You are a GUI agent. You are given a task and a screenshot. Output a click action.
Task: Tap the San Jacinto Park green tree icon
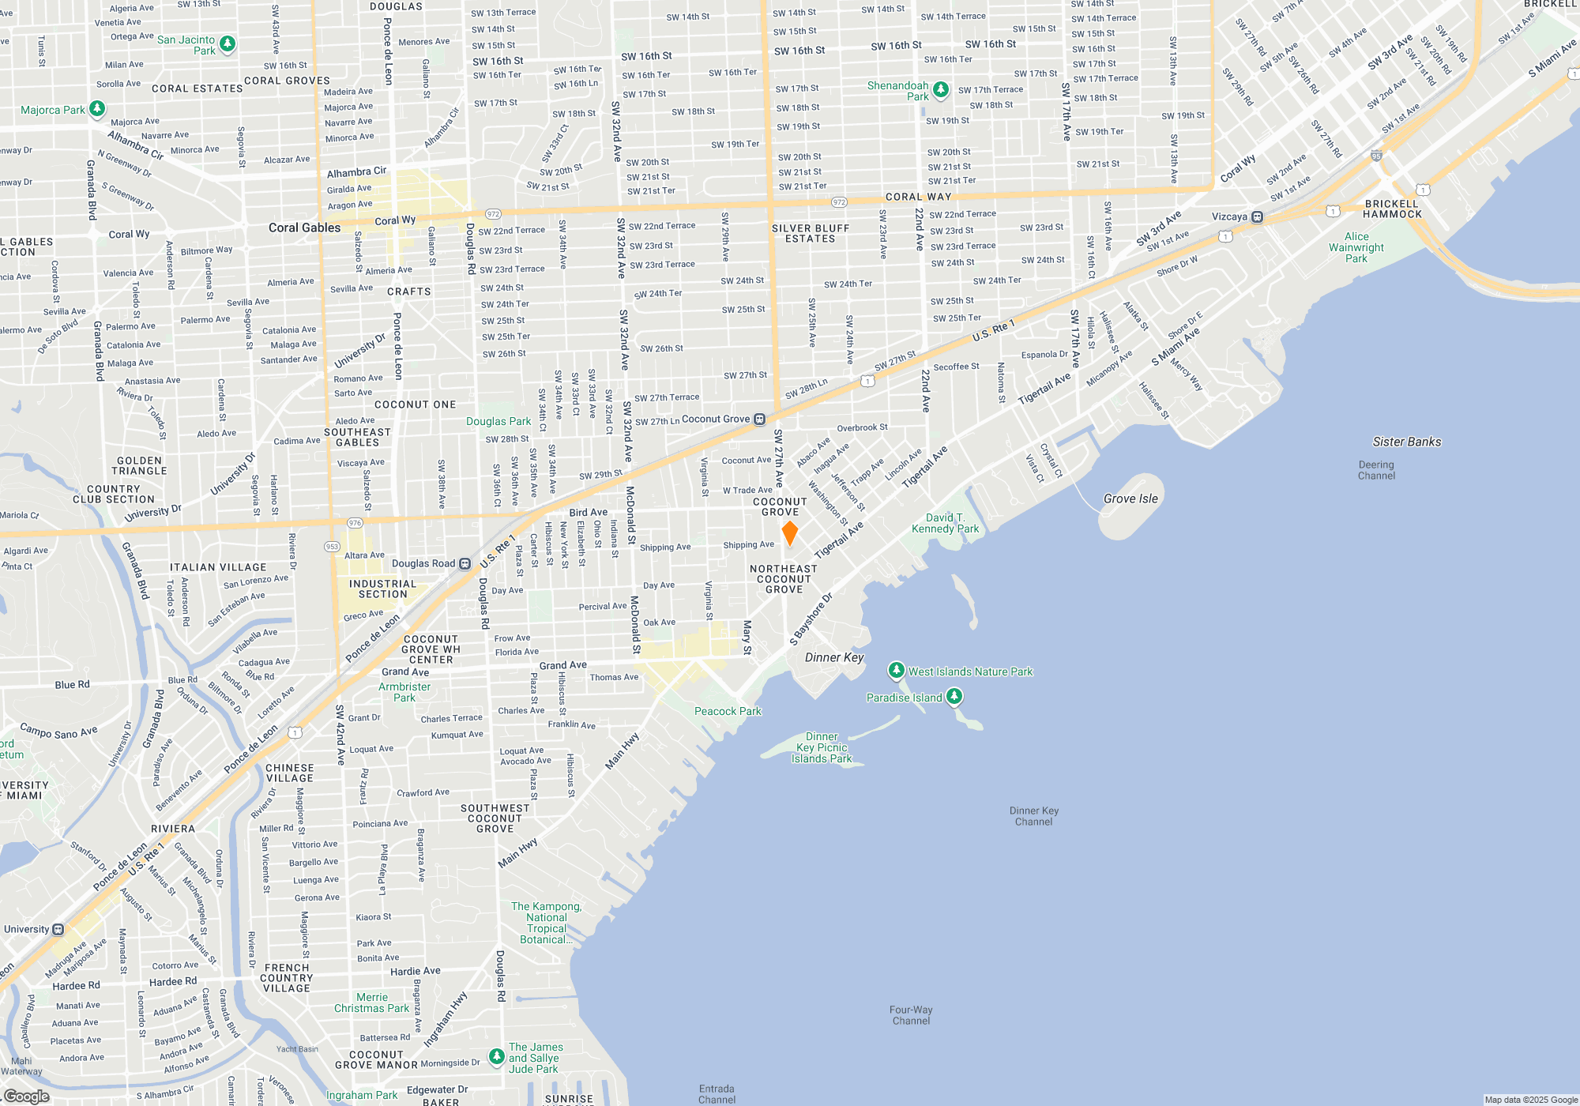(x=228, y=43)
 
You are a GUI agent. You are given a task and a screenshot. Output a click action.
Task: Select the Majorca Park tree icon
(x=97, y=109)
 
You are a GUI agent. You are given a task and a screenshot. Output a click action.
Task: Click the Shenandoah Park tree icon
(x=940, y=89)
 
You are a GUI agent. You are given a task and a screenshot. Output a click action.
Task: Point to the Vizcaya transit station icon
(x=1257, y=216)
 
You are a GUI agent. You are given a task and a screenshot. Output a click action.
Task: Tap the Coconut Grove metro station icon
(x=759, y=419)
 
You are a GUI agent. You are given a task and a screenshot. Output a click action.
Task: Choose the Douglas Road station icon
(x=465, y=563)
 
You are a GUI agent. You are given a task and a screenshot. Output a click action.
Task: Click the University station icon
(x=58, y=929)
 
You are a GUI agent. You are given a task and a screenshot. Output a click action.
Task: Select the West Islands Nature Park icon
(x=896, y=671)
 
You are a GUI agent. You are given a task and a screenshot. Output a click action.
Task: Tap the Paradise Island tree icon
(x=954, y=696)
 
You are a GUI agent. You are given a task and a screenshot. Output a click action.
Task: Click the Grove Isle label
(x=1130, y=498)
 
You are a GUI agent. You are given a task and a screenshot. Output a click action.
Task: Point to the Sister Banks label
(x=1406, y=442)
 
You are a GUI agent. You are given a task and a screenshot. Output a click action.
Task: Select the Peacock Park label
(x=728, y=711)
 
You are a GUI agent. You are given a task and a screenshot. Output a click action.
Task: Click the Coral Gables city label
(x=304, y=228)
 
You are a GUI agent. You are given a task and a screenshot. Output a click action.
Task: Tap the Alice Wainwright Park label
(x=1356, y=247)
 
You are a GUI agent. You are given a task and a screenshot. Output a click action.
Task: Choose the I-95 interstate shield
(x=1376, y=156)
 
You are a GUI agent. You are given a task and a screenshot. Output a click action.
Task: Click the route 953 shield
(x=332, y=547)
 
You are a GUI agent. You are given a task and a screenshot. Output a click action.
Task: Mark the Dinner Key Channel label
(x=1033, y=816)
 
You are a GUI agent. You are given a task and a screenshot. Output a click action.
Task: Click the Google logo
(x=27, y=1096)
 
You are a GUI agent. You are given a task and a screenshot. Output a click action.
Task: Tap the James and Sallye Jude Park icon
(x=496, y=1056)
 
